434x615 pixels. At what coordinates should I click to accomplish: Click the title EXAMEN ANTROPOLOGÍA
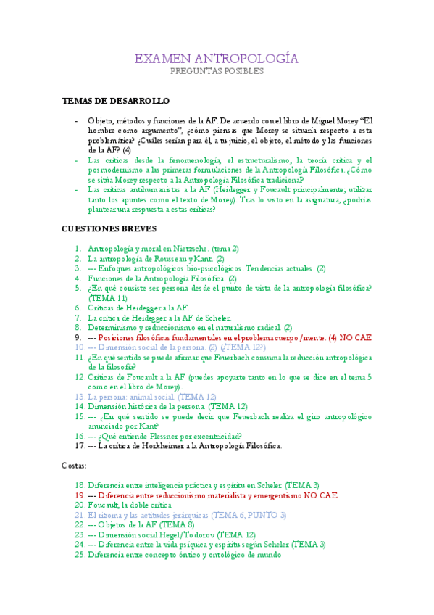(x=217, y=59)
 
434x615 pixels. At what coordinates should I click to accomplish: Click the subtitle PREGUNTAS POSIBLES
(x=217, y=72)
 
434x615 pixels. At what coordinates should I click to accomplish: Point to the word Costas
(x=73, y=465)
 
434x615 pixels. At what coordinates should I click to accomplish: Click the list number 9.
(x=80, y=337)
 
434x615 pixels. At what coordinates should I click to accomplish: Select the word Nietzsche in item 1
(x=198, y=248)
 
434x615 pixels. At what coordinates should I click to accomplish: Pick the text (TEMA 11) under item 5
(x=108, y=297)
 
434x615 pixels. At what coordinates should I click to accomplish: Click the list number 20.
(x=79, y=504)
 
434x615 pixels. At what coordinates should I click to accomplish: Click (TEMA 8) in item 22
(x=175, y=524)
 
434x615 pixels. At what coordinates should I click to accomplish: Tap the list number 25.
(x=79, y=555)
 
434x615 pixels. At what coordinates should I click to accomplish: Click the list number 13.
(x=79, y=397)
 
